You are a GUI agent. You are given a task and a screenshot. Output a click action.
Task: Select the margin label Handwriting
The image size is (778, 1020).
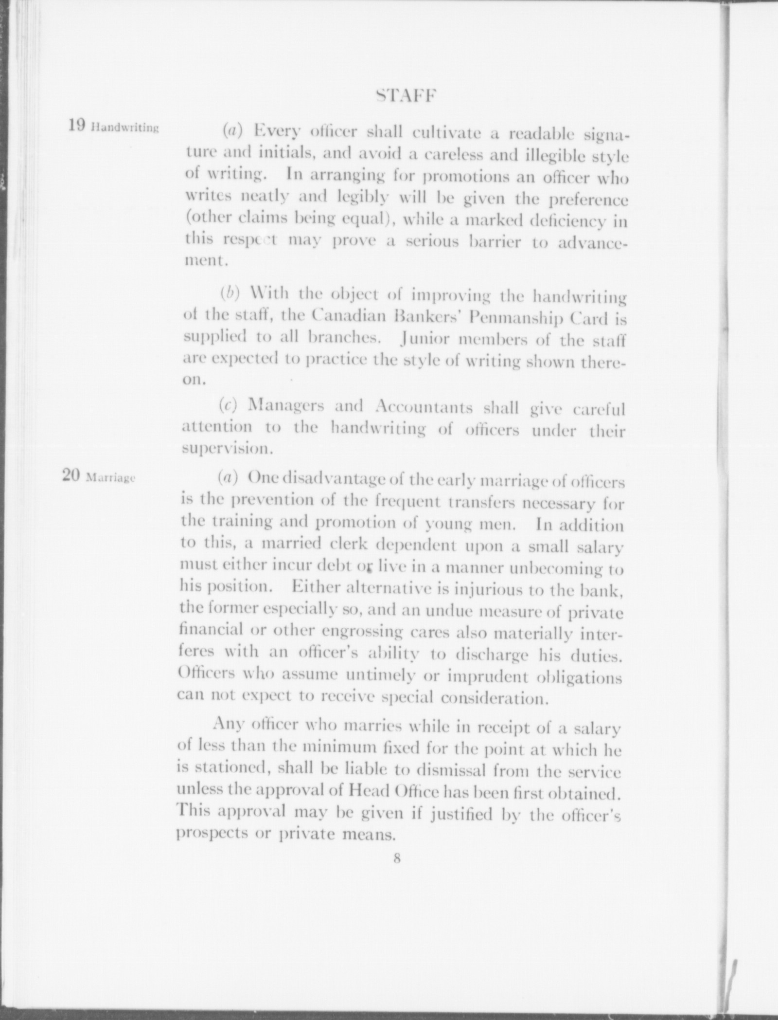(x=124, y=128)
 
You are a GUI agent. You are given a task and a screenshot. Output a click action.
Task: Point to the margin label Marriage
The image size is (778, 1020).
(x=110, y=478)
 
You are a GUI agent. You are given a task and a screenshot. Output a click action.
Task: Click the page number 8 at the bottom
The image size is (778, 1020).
(x=397, y=858)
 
